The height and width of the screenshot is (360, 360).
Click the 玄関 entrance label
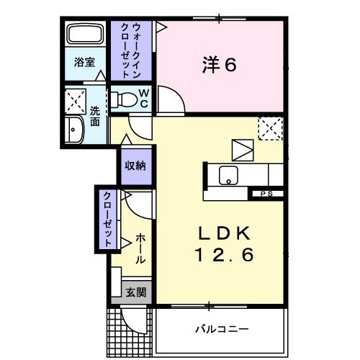point(135,292)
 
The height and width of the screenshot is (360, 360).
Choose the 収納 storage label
point(136,166)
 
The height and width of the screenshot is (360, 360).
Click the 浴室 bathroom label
point(85,62)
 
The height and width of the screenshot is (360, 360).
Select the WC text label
point(144,98)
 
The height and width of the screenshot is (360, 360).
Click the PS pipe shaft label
point(266,194)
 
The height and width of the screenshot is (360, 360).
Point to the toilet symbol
point(126,98)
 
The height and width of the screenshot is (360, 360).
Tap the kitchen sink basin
point(230,174)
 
